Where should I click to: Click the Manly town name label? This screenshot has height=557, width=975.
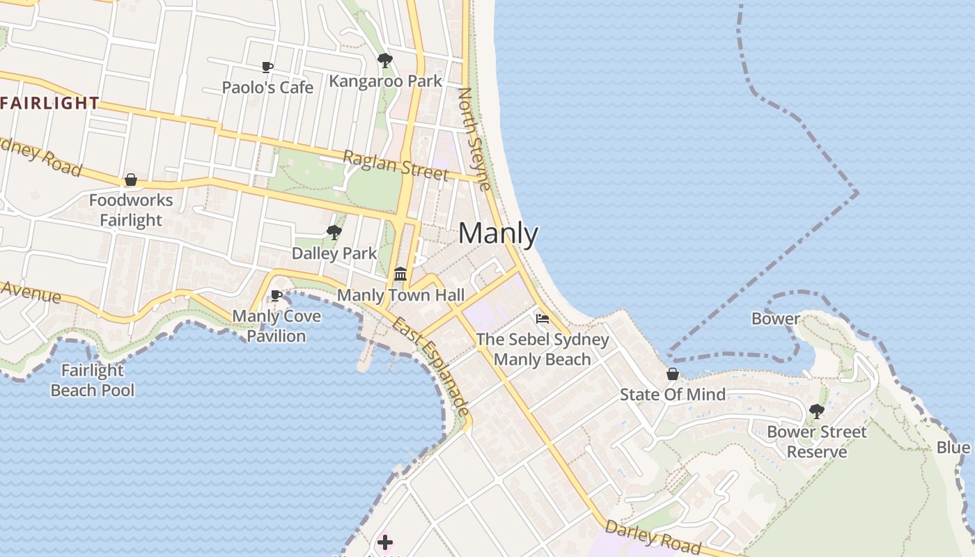click(498, 234)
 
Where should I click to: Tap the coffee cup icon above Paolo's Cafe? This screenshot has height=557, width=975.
click(267, 68)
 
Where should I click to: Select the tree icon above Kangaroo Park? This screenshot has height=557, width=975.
click(384, 61)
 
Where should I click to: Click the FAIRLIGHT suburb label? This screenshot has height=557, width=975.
click(50, 104)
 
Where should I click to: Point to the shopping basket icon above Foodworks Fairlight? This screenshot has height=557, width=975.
click(130, 180)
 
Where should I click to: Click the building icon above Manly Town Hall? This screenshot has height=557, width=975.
click(400, 274)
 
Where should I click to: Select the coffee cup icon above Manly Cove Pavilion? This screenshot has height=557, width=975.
click(276, 296)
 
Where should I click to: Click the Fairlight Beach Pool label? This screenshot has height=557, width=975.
click(93, 380)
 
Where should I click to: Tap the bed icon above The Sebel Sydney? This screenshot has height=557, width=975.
click(543, 319)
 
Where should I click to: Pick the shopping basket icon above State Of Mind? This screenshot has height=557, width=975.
click(672, 374)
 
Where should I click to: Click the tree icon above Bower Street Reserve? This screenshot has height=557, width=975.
click(817, 411)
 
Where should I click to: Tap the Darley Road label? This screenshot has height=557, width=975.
click(653, 537)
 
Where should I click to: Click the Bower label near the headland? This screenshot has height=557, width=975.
click(775, 319)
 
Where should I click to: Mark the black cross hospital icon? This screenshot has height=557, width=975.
click(385, 542)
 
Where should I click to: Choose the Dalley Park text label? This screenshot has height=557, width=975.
click(334, 253)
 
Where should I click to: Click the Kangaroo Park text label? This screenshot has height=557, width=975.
click(385, 81)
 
